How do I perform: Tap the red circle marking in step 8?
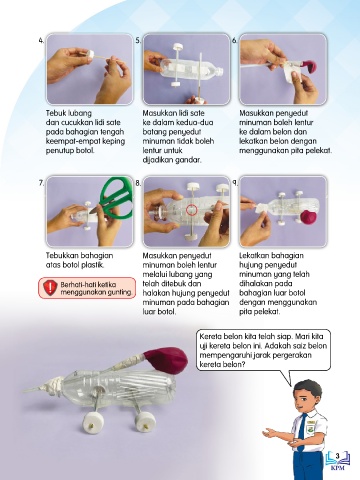point(192,209)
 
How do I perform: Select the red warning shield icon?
point(50,287)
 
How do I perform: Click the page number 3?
point(337,455)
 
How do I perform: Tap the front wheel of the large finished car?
point(92,423)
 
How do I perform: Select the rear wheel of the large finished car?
point(144,422)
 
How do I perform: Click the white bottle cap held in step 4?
point(89,54)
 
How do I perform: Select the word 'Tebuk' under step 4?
point(54,113)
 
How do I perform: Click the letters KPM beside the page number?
point(337,467)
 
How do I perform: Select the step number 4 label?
point(41,41)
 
